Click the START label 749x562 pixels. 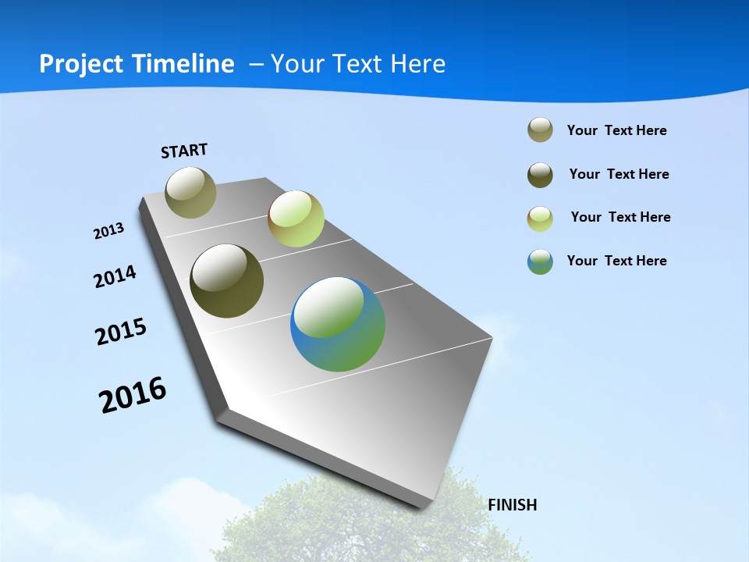click(184, 150)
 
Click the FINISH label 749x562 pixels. click(512, 505)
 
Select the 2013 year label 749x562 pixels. click(108, 231)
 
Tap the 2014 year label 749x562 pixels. click(115, 276)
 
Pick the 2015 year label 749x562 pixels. click(120, 332)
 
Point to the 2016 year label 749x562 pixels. click(133, 394)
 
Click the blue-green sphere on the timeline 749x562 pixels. click(338, 324)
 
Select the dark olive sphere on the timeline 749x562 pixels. click(226, 281)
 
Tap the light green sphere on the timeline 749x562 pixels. click(296, 219)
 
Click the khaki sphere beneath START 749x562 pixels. click(190, 192)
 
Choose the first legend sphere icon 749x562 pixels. click(540, 130)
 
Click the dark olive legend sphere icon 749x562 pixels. click(540, 175)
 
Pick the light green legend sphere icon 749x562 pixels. click(540, 219)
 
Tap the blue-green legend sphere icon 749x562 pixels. click(540, 261)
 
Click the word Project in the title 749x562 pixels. click(82, 64)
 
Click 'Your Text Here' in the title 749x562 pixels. click(358, 64)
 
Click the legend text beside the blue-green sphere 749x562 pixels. click(616, 261)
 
